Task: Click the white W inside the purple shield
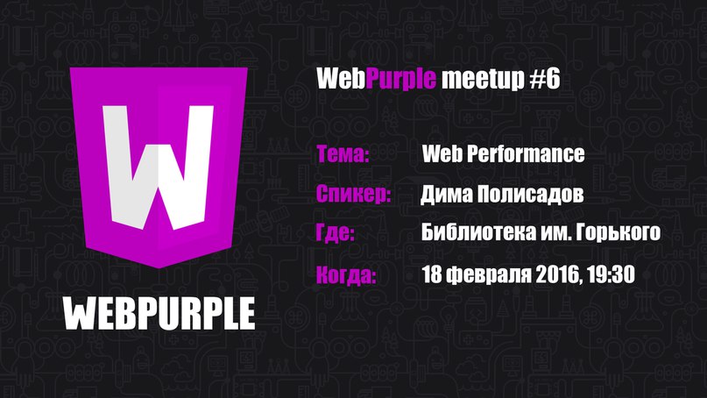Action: [x=158, y=167]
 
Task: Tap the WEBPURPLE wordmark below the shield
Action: [x=159, y=314]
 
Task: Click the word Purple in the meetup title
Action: [x=401, y=79]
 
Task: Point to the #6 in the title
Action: [x=544, y=79]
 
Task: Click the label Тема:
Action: [x=343, y=154]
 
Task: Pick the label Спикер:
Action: [x=354, y=194]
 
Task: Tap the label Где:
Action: [x=336, y=233]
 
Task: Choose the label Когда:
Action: [x=346, y=274]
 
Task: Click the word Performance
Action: [x=526, y=154]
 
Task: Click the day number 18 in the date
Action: [x=432, y=274]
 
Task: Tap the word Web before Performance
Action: [x=442, y=154]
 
